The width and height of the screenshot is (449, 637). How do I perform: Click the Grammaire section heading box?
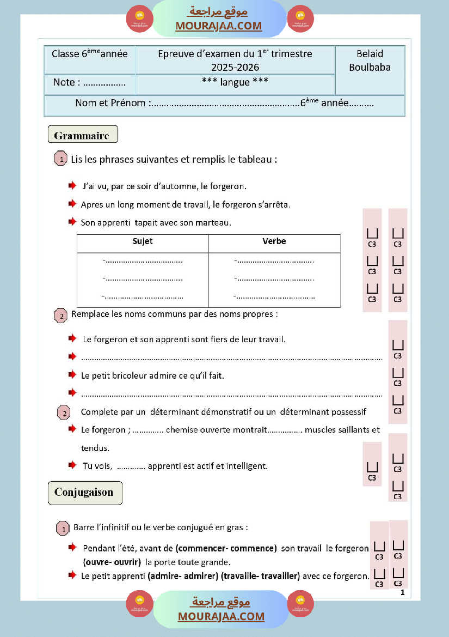click(x=82, y=135)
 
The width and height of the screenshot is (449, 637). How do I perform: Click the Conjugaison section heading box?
click(x=84, y=493)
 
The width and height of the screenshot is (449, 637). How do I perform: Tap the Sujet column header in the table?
click(x=143, y=241)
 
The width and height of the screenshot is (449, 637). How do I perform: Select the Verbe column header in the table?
click(x=274, y=241)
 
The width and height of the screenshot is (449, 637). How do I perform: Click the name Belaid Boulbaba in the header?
click(x=370, y=60)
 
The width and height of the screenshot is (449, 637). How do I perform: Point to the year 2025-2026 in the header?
click(x=235, y=68)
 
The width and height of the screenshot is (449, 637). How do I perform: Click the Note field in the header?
click(x=89, y=83)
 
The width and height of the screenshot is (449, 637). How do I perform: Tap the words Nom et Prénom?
click(x=110, y=103)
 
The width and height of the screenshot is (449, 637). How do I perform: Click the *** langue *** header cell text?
click(x=235, y=82)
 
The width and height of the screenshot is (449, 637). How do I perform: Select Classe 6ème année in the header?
click(x=89, y=54)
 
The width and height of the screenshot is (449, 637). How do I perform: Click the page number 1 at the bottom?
click(x=402, y=592)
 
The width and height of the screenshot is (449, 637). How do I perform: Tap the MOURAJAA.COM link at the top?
click(x=218, y=26)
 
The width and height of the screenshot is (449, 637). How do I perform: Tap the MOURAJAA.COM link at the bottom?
click(x=221, y=616)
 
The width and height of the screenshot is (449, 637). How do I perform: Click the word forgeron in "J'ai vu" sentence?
click(x=228, y=186)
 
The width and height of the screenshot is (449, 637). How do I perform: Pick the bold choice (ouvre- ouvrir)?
click(x=112, y=562)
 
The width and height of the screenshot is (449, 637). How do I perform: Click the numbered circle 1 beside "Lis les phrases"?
click(x=61, y=160)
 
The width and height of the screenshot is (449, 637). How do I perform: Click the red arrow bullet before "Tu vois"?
click(x=72, y=465)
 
